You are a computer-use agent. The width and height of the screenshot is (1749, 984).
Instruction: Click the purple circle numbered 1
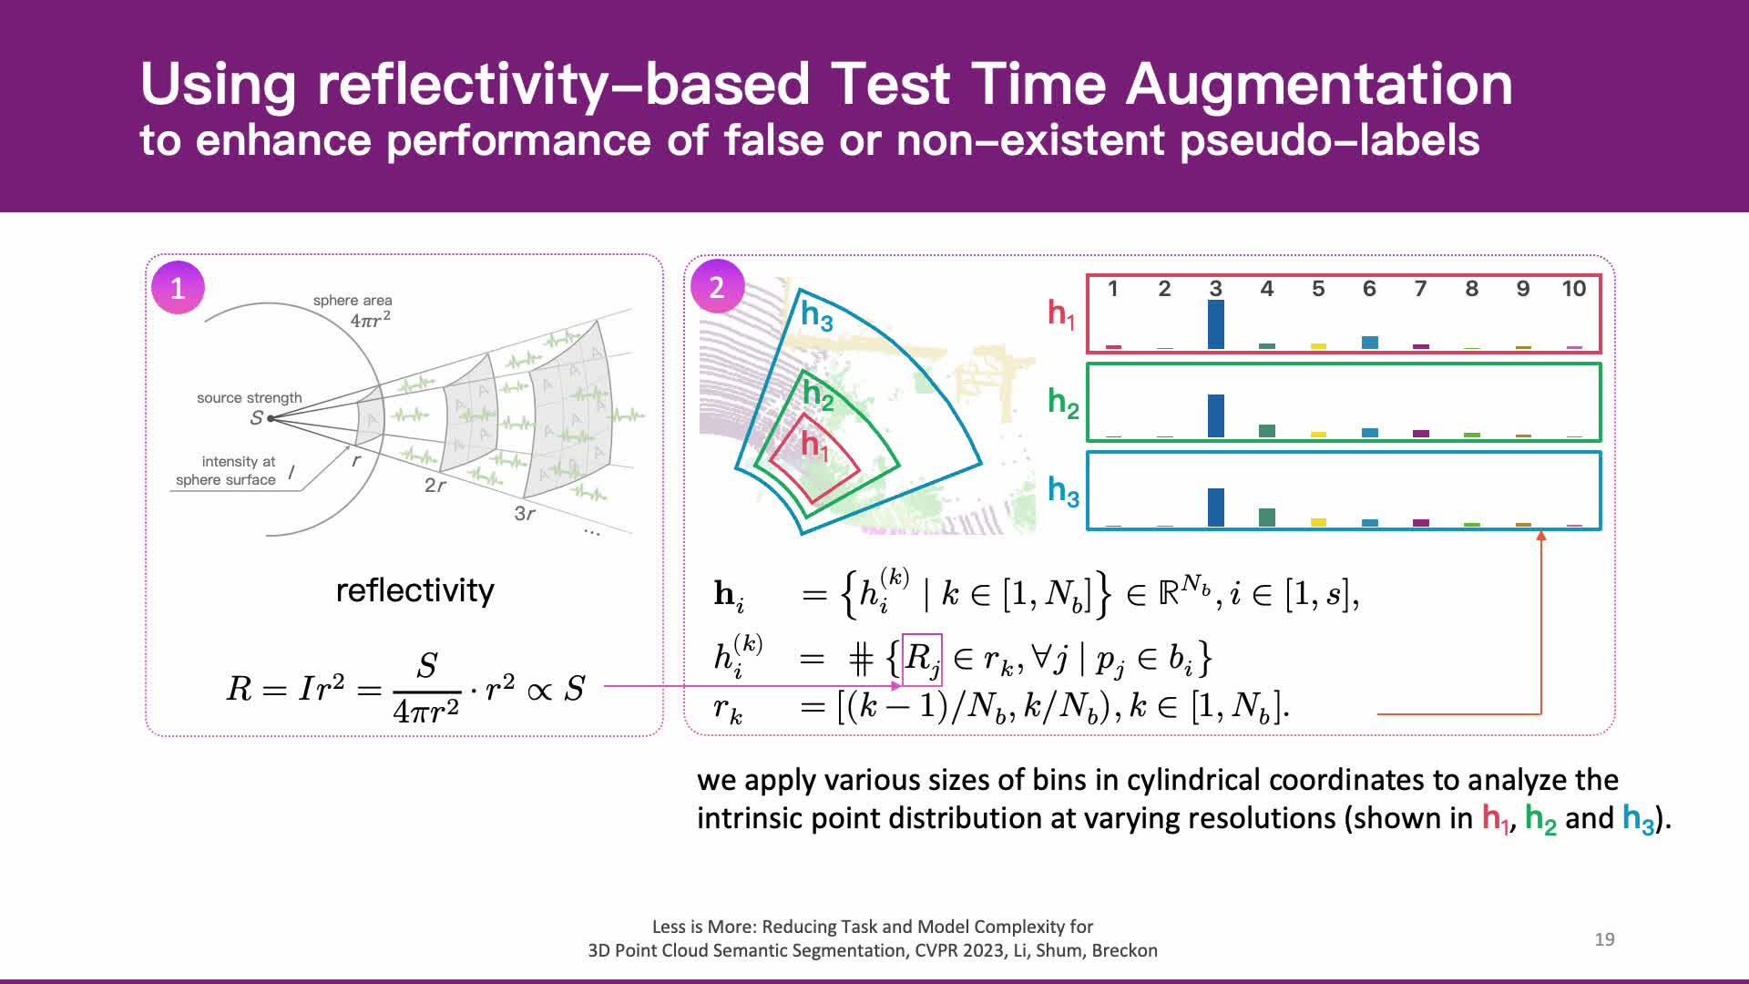[178, 288]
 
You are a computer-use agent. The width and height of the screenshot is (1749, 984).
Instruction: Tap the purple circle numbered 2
[717, 287]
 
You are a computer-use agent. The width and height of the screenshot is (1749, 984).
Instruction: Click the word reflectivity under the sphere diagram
[414, 590]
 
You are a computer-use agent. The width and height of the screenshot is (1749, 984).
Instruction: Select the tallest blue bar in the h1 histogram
[1215, 324]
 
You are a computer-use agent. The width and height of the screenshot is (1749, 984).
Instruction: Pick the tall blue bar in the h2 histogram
[1215, 415]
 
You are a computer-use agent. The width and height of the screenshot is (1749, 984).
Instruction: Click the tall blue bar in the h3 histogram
[1215, 507]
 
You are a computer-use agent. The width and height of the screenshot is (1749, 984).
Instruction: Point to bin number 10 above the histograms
[1573, 289]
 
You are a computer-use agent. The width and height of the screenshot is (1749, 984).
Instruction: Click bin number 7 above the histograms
[1420, 289]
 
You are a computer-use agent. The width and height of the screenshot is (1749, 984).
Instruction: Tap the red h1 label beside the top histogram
[1061, 314]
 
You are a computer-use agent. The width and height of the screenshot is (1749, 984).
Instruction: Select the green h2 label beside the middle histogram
[1063, 403]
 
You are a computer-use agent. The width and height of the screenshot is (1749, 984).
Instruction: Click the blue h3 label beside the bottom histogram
[1063, 491]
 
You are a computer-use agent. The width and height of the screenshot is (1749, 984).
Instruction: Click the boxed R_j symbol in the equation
[921, 660]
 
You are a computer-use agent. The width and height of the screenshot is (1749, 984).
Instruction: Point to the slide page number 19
[1604, 939]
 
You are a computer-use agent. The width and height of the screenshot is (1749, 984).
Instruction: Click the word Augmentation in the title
[1319, 84]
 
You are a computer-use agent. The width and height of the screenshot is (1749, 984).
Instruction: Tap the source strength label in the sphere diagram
[249, 398]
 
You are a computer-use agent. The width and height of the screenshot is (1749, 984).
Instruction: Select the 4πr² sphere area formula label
[371, 319]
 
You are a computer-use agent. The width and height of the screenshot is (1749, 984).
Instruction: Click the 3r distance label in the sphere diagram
[525, 514]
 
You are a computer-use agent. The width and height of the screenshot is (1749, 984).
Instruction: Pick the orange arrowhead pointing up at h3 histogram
[1541, 536]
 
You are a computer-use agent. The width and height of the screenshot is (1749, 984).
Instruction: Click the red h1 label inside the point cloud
[814, 446]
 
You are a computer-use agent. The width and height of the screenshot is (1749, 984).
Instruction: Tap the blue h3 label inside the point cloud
[816, 315]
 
